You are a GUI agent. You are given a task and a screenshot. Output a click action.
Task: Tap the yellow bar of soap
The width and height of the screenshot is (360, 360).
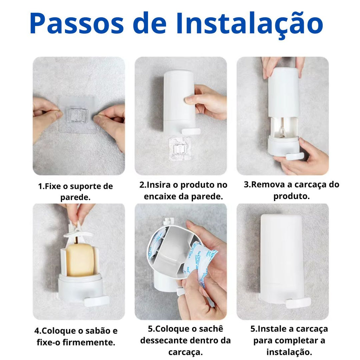tap(80, 260)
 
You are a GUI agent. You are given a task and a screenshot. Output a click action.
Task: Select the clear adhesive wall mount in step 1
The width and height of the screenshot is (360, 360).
tap(78, 115)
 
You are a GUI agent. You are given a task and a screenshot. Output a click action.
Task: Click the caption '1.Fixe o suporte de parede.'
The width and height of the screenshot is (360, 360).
tap(75, 191)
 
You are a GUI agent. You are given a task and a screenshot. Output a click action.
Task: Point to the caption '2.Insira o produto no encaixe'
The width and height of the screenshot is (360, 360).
tap(183, 190)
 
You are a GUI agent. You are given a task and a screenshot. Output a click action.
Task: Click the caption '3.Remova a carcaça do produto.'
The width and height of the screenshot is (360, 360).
tap(291, 190)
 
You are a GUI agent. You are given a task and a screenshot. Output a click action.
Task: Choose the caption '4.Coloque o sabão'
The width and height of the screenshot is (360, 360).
tap(76, 336)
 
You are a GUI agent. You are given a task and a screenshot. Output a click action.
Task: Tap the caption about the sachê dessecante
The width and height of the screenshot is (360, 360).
tap(185, 340)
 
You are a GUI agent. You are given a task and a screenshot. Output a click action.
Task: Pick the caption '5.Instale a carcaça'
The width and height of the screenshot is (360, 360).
tap(289, 340)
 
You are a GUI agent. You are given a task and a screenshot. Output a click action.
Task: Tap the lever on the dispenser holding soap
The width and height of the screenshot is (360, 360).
tap(96, 301)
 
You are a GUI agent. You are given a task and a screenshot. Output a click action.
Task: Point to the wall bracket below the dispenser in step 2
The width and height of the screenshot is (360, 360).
tap(180, 149)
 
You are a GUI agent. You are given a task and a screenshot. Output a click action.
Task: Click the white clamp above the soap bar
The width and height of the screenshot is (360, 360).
tap(78, 233)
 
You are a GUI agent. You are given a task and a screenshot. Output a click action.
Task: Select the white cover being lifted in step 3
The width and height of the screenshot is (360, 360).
tap(284, 92)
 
